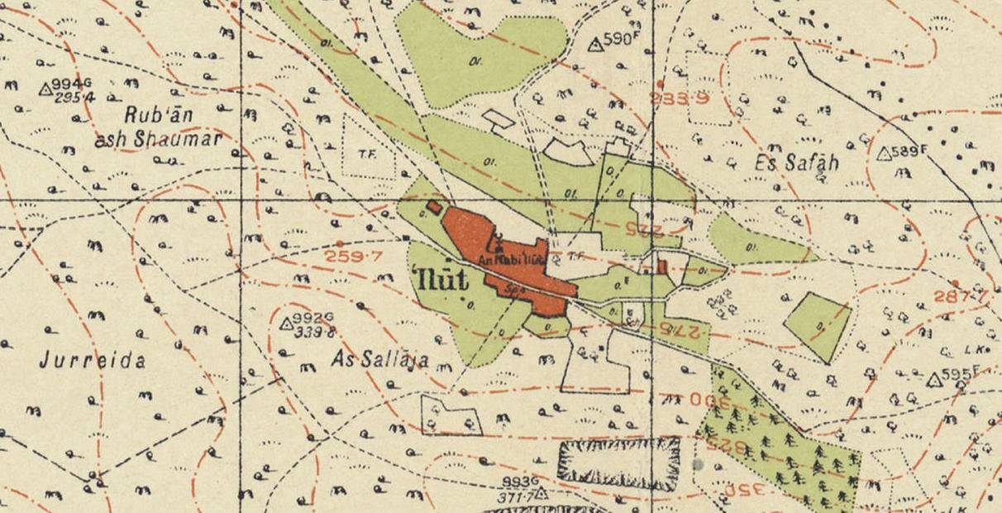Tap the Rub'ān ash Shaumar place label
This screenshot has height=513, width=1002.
click(158, 127)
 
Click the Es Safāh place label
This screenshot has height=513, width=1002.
click(796, 163)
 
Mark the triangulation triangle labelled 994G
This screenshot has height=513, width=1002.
click(46, 87)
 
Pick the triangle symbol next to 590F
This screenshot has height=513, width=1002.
click(594, 45)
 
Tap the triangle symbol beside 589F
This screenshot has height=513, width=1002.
click(883, 154)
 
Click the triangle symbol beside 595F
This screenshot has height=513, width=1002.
click(934, 380)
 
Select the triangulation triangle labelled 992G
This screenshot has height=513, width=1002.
click(288, 323)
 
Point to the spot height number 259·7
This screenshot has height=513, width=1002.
click(354, 256)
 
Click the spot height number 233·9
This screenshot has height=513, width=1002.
click(680, 98)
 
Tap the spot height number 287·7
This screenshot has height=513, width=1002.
click(961, 296)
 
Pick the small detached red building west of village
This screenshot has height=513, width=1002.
click(433, 207)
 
